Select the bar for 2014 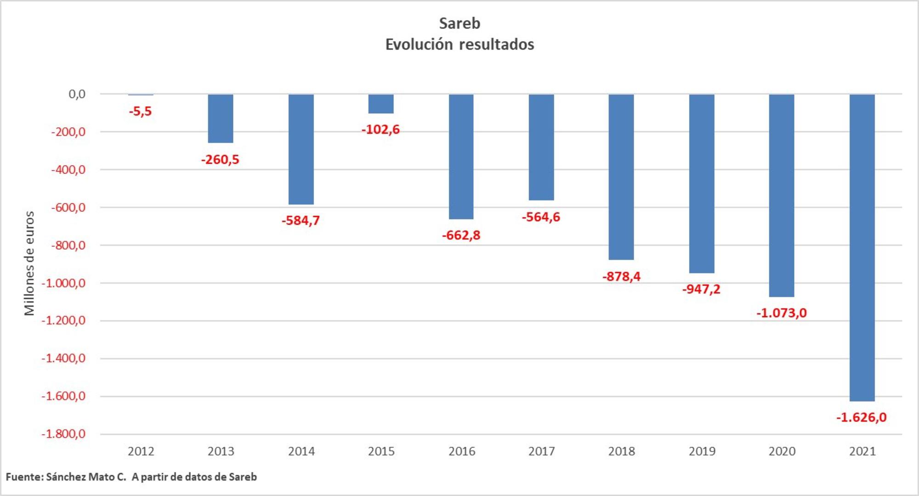(x=301, y=149)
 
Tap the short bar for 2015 (x=381, y=104)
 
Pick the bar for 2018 (x=621, y=177)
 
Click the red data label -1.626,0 (x=861, y=417)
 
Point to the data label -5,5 (x=140, y=111)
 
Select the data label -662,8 (x=461, y=235)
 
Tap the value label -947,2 (x=701, y=289)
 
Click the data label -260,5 (x=220, y=160)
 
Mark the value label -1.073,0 (x=781, y=313)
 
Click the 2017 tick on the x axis (x=541, y=451)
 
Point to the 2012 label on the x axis (x=141, y=451)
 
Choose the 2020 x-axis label (x=782, y=451)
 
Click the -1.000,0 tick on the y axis (x=63, y=283)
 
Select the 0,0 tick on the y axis (x=77, y=94)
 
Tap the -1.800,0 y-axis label (x=63, y=434)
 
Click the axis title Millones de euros (x=29, y=263)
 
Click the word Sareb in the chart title (x=459, y=23)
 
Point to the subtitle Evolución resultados (x=459, y=45)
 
